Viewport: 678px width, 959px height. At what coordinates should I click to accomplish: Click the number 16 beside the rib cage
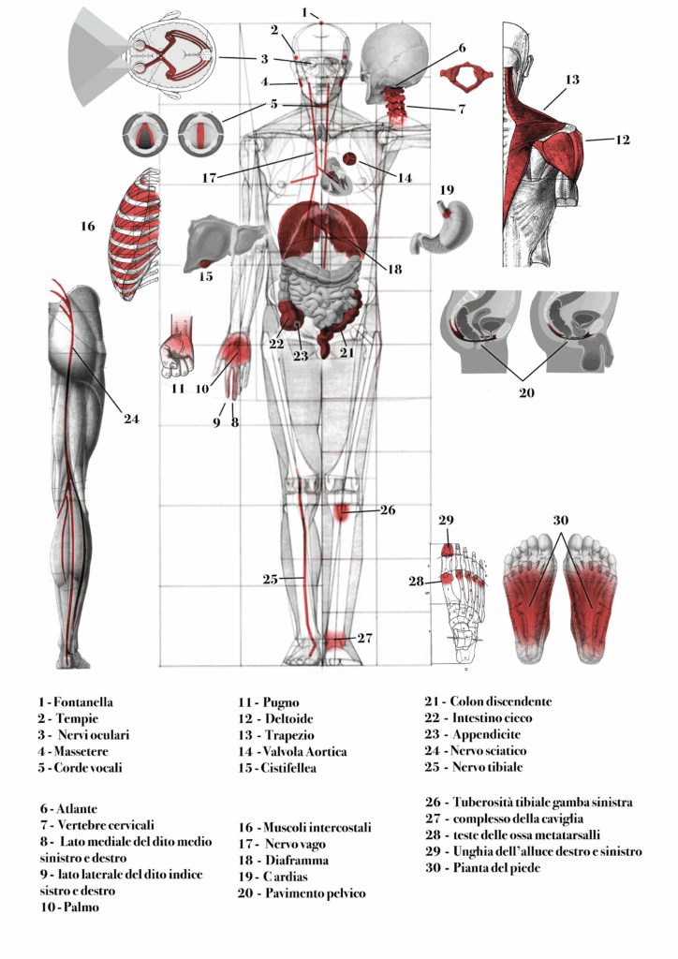(x=87, y=226)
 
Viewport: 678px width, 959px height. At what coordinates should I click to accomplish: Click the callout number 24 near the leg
(x=131, y=419)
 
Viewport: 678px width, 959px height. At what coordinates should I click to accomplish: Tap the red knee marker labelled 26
(x=344, y=511)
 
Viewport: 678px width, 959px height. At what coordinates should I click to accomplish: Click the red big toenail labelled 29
(x=447, y=551)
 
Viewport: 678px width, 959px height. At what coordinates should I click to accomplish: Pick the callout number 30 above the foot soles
(x=560, y=521)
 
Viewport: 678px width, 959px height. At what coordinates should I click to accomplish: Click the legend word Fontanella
(x=82, y=701)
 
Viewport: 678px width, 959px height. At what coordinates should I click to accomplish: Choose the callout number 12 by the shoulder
(x=623, y=140)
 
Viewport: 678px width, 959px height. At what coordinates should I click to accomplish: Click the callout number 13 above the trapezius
(x=572, y=81)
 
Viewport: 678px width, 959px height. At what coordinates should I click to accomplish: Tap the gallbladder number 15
(x=206, y=275)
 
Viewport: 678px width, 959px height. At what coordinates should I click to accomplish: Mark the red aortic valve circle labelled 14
(x=349, y=160)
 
